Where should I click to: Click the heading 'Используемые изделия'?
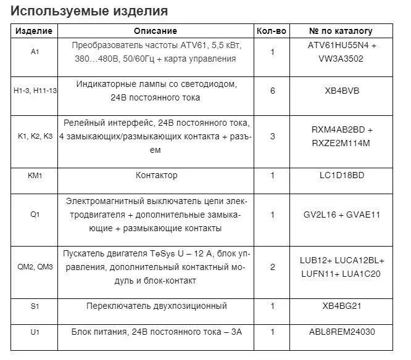point(89,11)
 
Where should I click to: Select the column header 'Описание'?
point(156,31)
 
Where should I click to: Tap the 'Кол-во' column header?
point(272,31)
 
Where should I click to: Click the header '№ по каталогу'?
point(341,31)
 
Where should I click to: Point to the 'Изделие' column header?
point(34,31)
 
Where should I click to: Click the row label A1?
point(35,52)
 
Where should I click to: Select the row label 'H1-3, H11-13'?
point(35,91)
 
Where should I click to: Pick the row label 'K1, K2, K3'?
point(35,136)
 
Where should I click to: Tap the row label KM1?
point(35,176)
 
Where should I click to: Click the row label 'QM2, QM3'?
point(35,267)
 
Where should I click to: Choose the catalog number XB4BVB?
point(342,91)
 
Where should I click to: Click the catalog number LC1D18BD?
point(342,176)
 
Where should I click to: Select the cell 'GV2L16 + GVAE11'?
point(342,215)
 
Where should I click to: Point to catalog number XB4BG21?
point(342,306)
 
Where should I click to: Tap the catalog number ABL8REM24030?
point(342,332)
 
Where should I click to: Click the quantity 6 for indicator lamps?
point(272,91)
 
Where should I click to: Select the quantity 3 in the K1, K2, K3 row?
point(272,136)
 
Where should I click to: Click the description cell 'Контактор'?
point(156,176)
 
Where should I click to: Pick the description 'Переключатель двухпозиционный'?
point(156,306)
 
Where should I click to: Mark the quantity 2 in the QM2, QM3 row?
point(272,267)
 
